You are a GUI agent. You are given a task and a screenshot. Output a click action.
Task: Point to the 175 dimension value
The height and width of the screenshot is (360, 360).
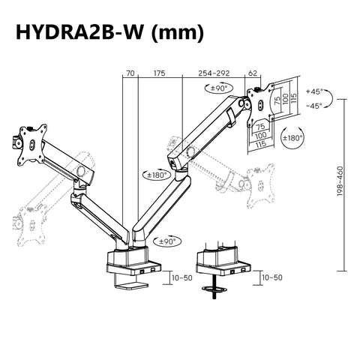159,73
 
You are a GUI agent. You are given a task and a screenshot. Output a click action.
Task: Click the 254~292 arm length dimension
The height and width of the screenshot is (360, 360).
214,73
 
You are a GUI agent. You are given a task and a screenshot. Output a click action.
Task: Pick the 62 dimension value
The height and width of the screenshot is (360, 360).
252,73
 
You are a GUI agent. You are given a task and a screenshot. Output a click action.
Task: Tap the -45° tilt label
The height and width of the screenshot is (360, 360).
315,106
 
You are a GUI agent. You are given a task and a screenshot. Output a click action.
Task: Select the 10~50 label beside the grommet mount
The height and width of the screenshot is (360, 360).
273,277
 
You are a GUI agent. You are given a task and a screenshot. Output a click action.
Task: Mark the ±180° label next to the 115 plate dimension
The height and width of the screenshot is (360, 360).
292,139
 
